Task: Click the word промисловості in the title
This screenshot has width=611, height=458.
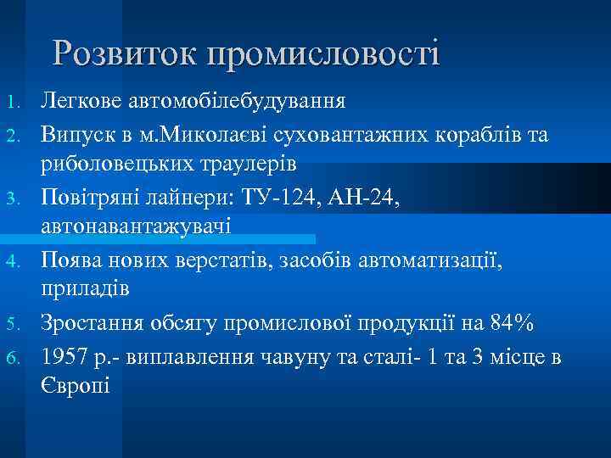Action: (x=323, y=54)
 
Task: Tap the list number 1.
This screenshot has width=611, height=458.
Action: (x=11, y=103)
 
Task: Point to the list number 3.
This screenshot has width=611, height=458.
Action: (x=11, y=198)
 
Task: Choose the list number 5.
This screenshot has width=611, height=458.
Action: (x=11, y=323)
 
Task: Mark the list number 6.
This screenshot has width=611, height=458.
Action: (x=11, y=356)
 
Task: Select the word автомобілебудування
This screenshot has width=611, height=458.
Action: (x=238, y=102)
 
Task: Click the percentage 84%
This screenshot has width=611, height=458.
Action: (x=510, y=322)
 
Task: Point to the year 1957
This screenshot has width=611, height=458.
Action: (x=65, y=355)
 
